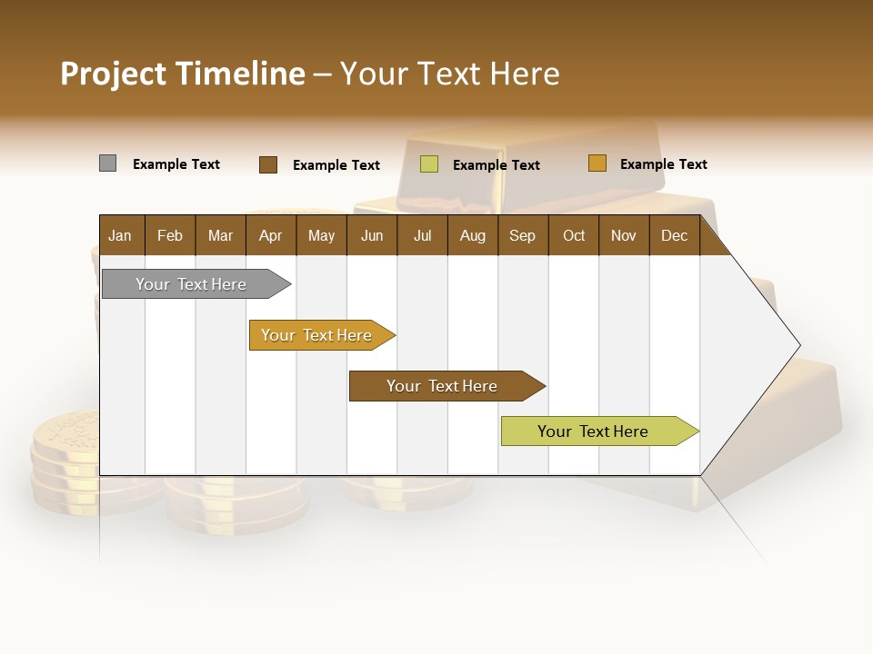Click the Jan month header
pyautogui.click(x=120, y=235)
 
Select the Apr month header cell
pyautogui.click(x=270, y=235)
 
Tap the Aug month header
pyautogui.click(x=472, y=235)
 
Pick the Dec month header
pyautogui.click(x=674, y=235)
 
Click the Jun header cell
pyautogui.click(x=371, y=235)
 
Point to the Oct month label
pyautogui.click(x=573, y=235)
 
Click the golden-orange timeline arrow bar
pyautogui.click(x=318, y=335)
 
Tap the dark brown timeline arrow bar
pyautogui.click(x=443, y=386)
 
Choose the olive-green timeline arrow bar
pyautogui.click(x=596, y=431)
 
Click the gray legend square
pyautogui.click(x=107, y=163)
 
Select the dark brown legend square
pyautogui.click(x=267, y=164)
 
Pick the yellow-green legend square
pyautogui.click(x=428, y=164)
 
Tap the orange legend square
pyautogui.click(x=597, y=163)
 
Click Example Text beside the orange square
pyautogui.click(x=663, y=164)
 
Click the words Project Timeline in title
pyautogui.click(x=182, y=74)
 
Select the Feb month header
pyautogui.click(x=169, y=235)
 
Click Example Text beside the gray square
pyautogui.click(x=176, y=164)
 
